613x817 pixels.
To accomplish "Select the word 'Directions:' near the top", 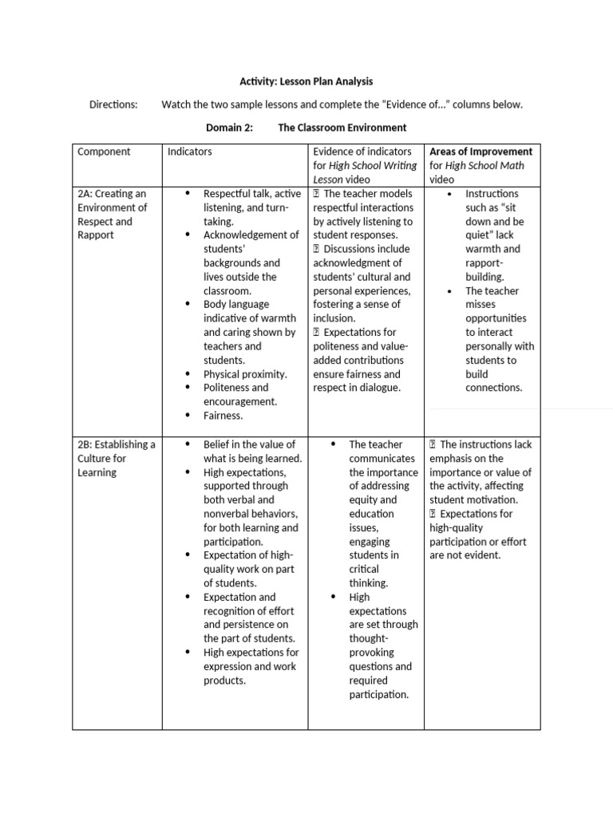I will (113, 105).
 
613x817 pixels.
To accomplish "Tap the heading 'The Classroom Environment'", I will (342, 128).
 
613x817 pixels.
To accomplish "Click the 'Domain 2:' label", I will (229, 128).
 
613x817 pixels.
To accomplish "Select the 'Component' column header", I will (104, 152).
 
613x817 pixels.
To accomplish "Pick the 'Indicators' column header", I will (190, 152).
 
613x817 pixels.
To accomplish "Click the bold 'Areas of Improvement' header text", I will (481, 152).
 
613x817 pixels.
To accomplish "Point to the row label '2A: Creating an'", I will (112, 194).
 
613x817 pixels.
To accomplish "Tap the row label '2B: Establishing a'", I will (117, 444).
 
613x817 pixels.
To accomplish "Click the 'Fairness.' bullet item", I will (223, 416).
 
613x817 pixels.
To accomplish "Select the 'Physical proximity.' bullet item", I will (245, 374).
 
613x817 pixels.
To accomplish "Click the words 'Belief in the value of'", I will (249, 444).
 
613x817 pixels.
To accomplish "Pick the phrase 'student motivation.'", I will (473, 500).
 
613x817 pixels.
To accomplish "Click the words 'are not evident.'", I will (465, 555).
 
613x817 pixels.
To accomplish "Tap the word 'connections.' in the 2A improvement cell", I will (494, 388).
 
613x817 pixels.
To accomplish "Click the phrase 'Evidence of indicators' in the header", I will (362, 152).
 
